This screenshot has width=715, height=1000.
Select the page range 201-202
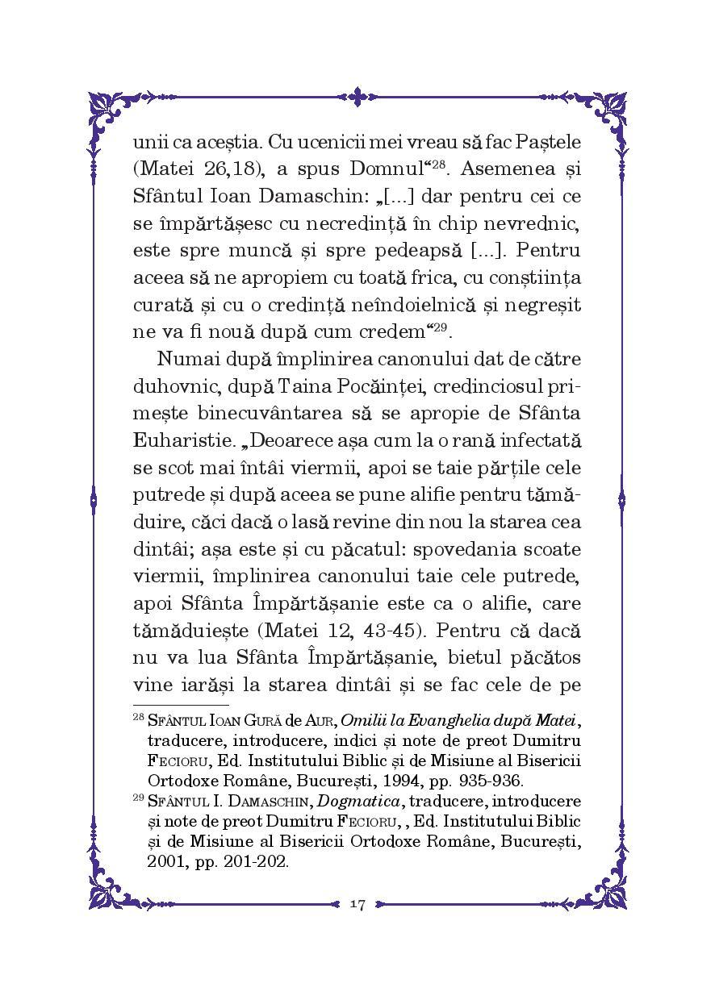pos(253,861)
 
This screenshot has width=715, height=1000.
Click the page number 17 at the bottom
pos(357,904)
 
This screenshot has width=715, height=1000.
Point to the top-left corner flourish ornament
pos(109,112)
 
